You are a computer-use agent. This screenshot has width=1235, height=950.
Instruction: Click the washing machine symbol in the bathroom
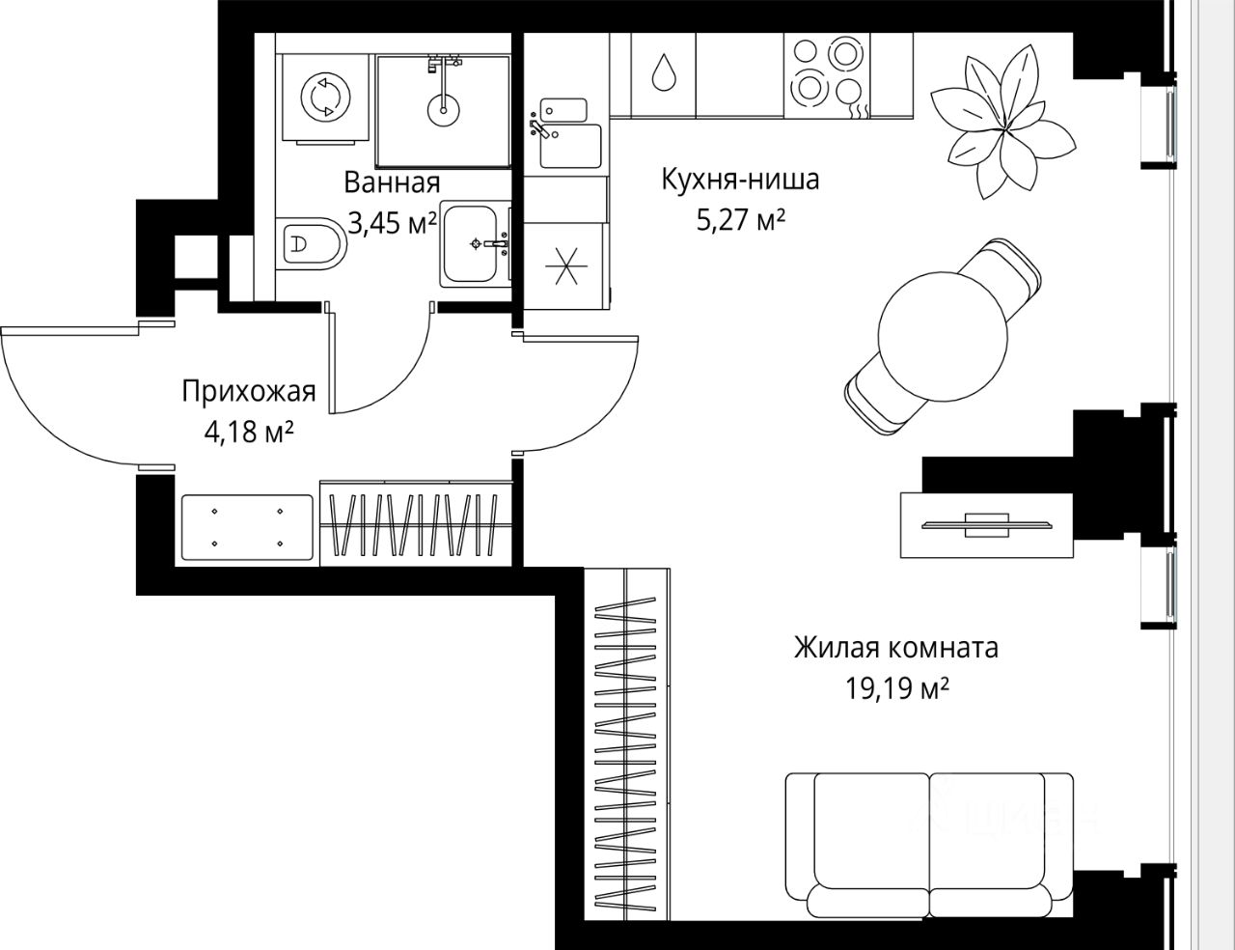[325, 97]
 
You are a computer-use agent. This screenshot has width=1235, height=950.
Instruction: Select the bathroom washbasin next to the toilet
[474, 244]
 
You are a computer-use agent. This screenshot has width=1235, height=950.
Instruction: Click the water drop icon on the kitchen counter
[663, 71]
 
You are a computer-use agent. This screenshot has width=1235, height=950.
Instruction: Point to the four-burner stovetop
[826, 75]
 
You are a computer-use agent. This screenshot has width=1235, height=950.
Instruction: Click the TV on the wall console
[986, 524]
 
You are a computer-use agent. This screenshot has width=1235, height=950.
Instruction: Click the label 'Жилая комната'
[895, 649]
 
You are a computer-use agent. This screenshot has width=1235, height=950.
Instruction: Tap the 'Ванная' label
[392, 183]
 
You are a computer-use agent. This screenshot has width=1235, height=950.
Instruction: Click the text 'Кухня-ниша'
[741, 180]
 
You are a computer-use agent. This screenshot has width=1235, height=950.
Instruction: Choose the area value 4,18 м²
[249, 433]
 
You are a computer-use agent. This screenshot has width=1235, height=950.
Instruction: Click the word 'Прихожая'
[249, 392]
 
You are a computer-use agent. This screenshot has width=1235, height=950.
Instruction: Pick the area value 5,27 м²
[741, 221]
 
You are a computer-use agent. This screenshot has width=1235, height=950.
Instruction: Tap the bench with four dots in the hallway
[247, 527]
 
